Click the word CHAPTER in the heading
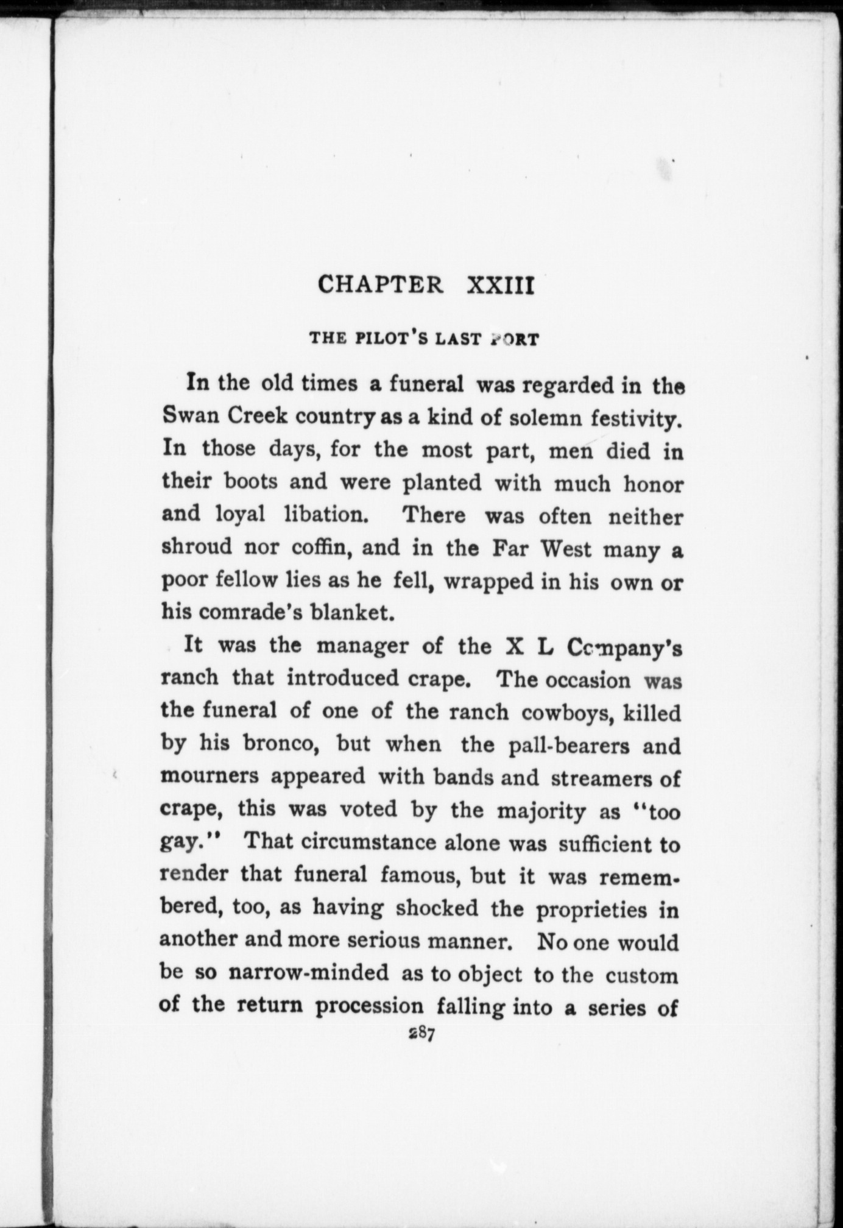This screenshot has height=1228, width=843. [380, 285]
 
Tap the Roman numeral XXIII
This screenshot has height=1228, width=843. [499, 285]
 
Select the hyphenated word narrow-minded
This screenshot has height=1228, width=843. [308, 973]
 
